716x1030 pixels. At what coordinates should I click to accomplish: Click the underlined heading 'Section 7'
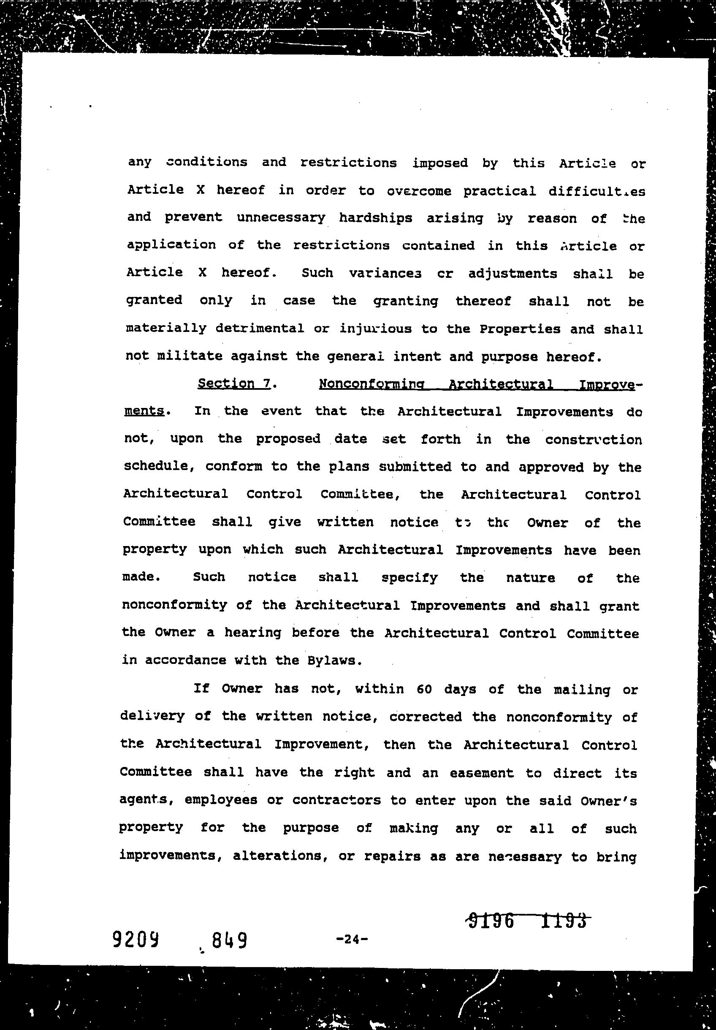coord(234,383)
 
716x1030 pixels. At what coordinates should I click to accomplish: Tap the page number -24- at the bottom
coord(352,938)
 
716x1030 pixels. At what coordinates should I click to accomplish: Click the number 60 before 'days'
coord(424,690)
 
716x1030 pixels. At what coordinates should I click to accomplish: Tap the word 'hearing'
coord(253,633)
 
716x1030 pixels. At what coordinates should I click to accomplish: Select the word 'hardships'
coord(375,218)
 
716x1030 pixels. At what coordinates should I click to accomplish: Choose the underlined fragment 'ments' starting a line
coord(144,411)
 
